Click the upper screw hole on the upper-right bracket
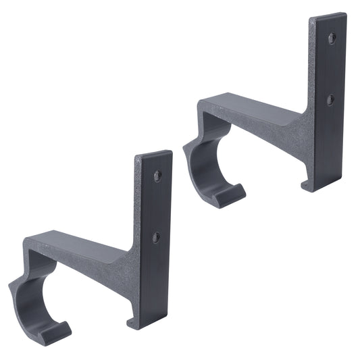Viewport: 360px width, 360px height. pos(332,38)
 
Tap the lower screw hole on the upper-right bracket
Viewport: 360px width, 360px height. pos(330,100)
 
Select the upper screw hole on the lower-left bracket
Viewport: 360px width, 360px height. pos(157,176)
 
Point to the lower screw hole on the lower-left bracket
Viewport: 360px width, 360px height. pos(156,238)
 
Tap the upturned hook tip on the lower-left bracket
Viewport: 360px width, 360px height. pos(57,331)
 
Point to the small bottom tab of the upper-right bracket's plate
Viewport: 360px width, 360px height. pos(306,184)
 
